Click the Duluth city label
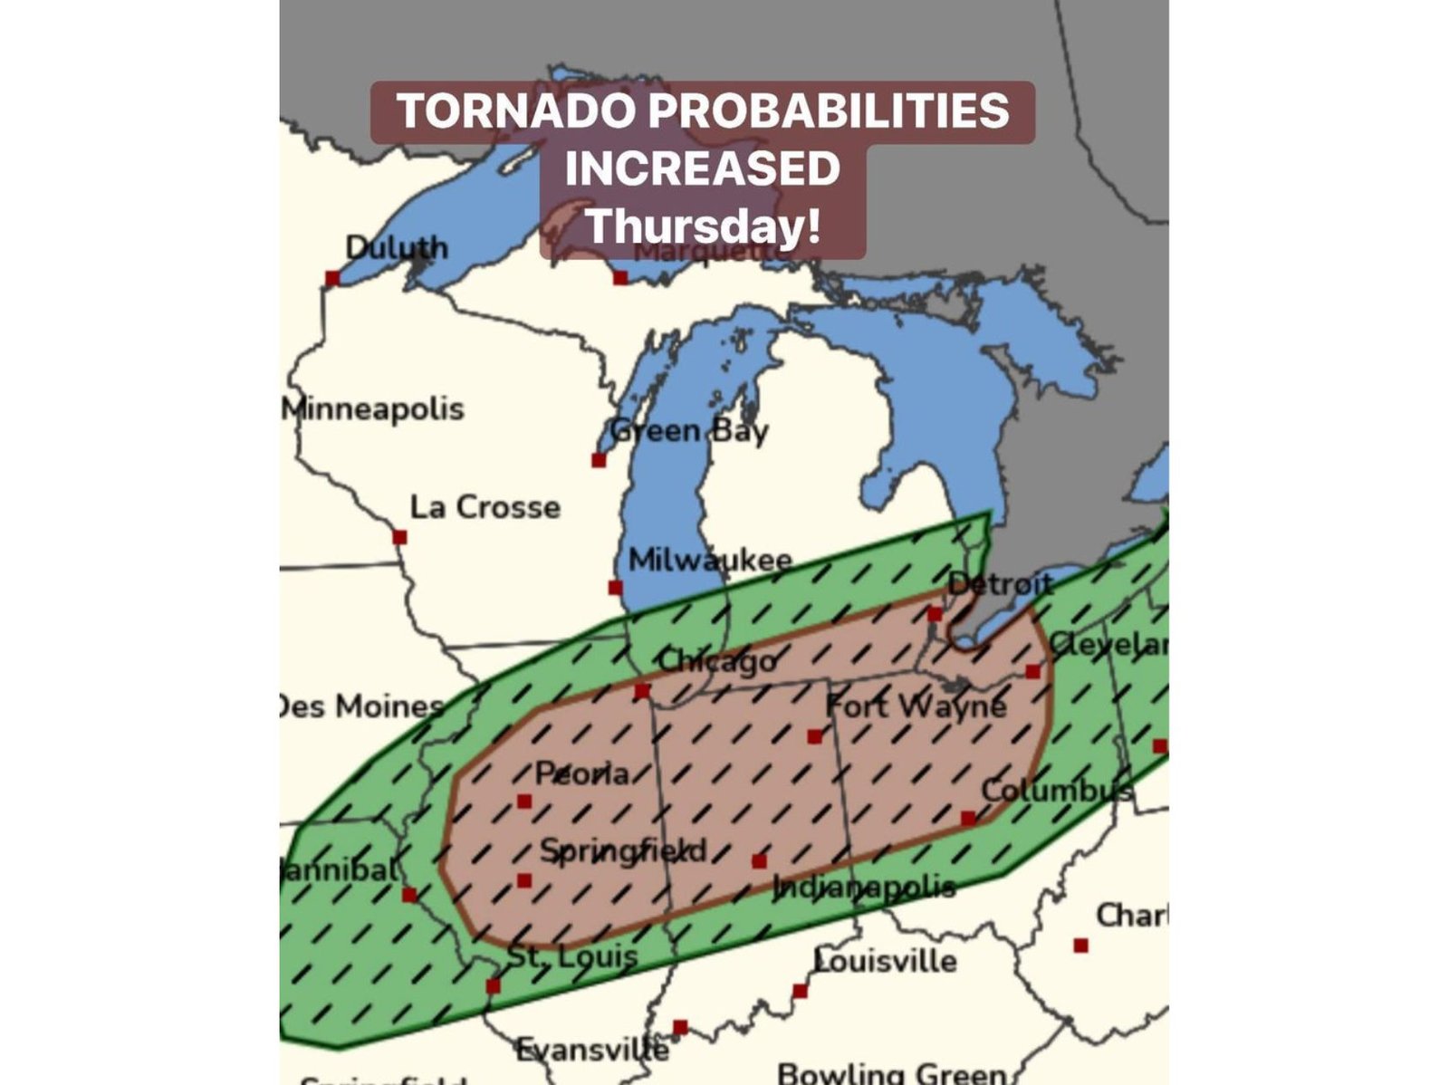(397, 247)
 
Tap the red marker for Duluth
(332, 278)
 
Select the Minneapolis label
(372, 408)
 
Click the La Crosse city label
(485, 507)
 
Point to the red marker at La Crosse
(399, 537)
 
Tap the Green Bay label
(689, 431)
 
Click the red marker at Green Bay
(599, 460)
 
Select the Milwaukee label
(710, 560)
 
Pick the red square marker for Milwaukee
(616, 588)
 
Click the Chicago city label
(717, 661)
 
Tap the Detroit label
(1001, 583)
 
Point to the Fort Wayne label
(916, 706)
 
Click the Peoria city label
(582, 773)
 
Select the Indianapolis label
(864, 887)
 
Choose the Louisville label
(885, 960)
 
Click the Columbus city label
(1056, 791)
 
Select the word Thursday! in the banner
(703, 226)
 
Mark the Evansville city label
(592, 1050)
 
